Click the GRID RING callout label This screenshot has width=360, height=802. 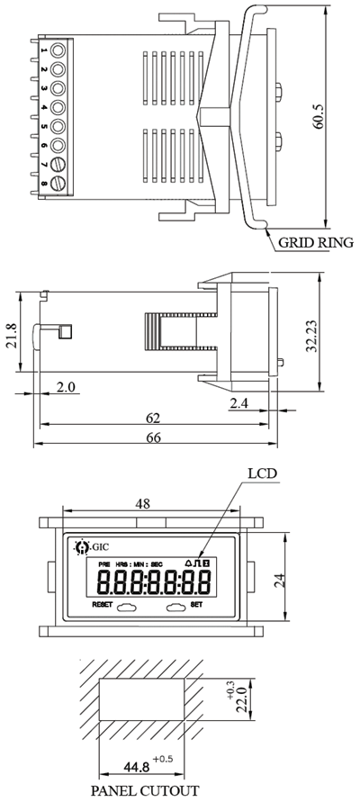[x=316, y=242]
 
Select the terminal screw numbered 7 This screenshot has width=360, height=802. [x=58, y=164]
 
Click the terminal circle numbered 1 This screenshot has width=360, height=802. [x=58, y=50]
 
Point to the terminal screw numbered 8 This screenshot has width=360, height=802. [x=58, y=183]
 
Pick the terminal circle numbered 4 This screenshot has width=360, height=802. [x=58, y=107]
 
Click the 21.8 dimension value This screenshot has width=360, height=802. [x=11, y=335]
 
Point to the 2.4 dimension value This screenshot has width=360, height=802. [x=238, y=404]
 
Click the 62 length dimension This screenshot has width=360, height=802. [x=153, y=418]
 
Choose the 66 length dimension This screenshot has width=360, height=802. [x=153, y=437]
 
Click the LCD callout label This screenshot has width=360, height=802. [x=262, y=473]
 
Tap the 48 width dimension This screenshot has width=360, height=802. [x=143, y=503]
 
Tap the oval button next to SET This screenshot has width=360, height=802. [x=176, y=608]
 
